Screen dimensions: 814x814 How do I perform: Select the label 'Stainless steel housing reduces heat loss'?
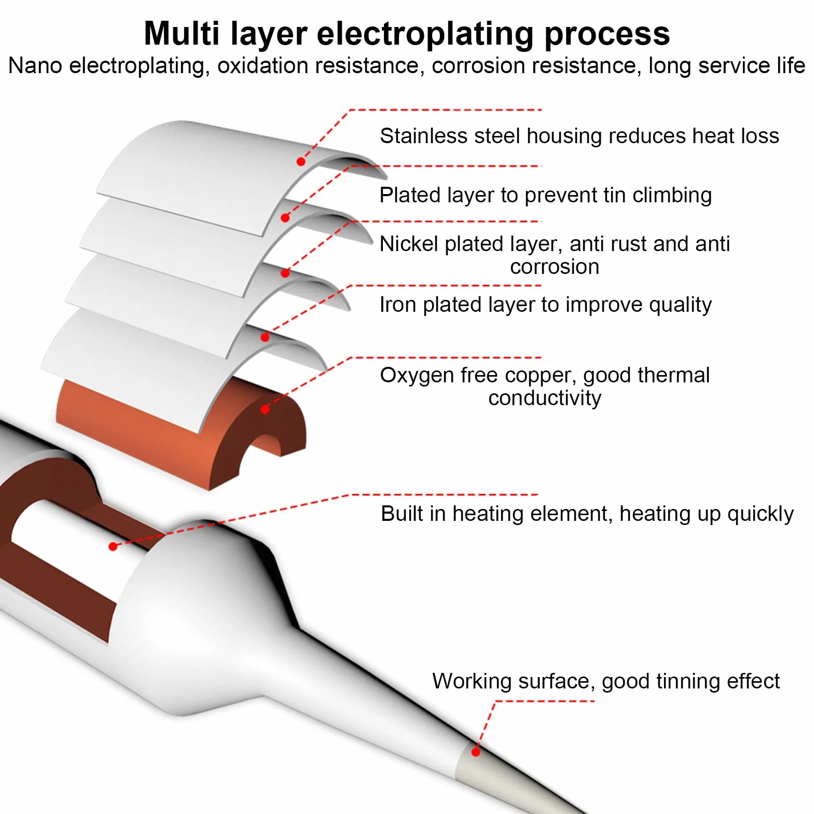[579, 136]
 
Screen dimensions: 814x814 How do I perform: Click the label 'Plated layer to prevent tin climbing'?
[545, 196]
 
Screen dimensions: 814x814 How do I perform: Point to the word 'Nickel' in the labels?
[409, 244]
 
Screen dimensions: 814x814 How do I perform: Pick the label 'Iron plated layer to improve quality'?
[545, 305]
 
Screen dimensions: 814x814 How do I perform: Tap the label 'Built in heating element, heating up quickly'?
[587, 514]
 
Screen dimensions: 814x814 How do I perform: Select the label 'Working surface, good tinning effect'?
[605, 681]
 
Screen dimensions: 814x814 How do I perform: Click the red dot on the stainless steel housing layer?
[301, 162]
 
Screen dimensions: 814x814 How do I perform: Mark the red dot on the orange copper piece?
[265, 409]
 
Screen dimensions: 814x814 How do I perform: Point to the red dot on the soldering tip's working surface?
[476, 752]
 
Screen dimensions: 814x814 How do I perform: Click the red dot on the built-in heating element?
[113, 546]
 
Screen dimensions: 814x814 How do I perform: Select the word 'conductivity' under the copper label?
[545, 398]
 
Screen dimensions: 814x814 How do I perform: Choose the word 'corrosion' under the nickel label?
[555, 267]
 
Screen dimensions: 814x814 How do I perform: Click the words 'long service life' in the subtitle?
[727, 66]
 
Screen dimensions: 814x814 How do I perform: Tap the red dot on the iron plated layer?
[265, 337]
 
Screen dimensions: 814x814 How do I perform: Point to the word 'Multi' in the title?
[182, 34]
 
